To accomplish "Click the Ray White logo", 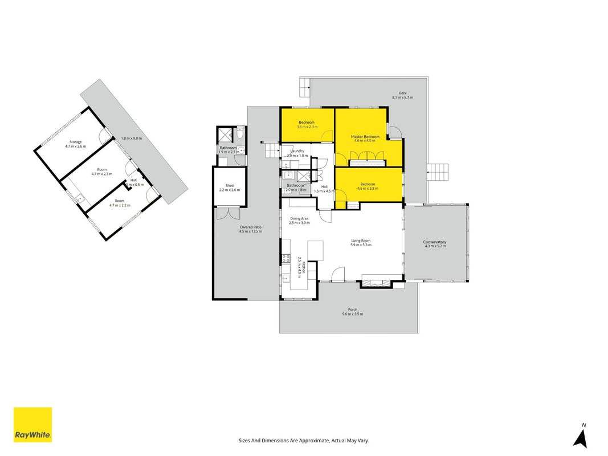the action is (x=32, y=425).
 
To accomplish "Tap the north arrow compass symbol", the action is (x=581, y=436).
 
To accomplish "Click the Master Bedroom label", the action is (x=365, y=136).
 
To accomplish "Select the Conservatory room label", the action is (x=434, y=242).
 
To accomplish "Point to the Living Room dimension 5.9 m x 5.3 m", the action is (x=361, y=245).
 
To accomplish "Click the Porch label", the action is (x=353, y=310).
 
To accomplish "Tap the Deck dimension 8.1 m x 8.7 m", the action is (x=402, y=97).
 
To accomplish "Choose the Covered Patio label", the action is (x=251, y=227).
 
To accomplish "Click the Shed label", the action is (x=230, y=186).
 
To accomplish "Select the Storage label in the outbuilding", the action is (x=76, y=142).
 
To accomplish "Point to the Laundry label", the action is (x=297, y=151).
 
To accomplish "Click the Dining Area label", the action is (x=299, y=219).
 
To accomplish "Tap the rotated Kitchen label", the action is (x=304, y=267).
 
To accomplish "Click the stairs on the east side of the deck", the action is (x=438, y=172).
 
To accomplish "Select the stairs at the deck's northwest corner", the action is (x=305, y=87).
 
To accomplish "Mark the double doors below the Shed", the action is (x=228, y=214).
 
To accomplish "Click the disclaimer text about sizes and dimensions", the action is (x=304, y=441).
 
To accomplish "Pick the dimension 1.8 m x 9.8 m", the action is (x=132, y=139).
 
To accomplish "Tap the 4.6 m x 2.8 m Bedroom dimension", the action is (x=368, y=189).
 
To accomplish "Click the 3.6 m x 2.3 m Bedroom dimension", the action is (x=307, y=127).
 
